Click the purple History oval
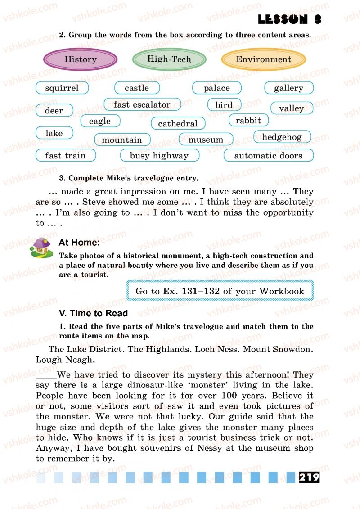click(81, 59)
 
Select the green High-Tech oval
click(169, 59)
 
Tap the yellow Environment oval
click(263, 59)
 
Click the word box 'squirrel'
click(62, 88)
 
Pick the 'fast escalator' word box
click(142, 105)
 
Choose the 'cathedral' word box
click(178, 124)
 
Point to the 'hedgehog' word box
click(282, 137)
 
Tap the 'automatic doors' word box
click(268, 156)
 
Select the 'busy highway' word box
click(159, 156)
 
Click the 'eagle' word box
click(100, 121)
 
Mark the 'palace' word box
click(217, 88)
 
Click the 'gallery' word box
click(288, 88)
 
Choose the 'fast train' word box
click(66, 156)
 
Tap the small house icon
click(41, 248)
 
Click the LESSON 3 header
click(290, 19)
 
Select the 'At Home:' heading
click(79, 243)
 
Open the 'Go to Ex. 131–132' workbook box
click(220, 291)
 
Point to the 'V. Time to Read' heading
click(94, 313)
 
